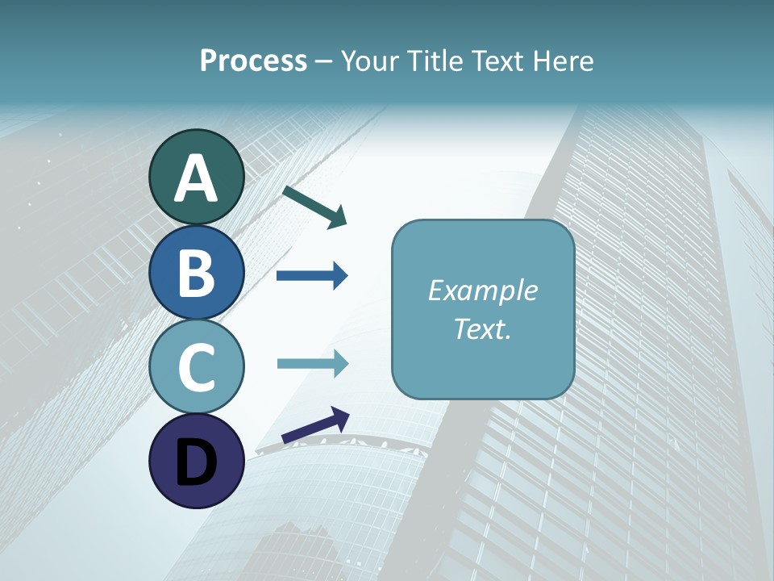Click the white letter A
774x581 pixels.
pos(197,179)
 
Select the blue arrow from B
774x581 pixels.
pos(312,276)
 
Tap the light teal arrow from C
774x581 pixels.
pos(312,363)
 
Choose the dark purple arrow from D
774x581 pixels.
pos(315,425)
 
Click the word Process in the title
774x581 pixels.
pos(253,61)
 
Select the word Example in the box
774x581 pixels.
pos(482,290)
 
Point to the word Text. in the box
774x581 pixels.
pos(482,328)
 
